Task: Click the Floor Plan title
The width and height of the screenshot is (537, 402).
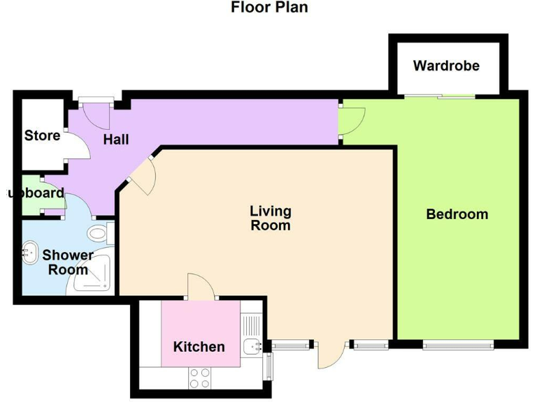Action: pos(269,8)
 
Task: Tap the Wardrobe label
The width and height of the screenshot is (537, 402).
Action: pos(446,66)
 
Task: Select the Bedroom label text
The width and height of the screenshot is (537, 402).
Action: pos(457,214)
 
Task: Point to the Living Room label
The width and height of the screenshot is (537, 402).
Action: pos(271,218)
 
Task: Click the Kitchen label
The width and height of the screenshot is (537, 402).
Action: pos(199,347)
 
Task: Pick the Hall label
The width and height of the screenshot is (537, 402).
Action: pos(116,140)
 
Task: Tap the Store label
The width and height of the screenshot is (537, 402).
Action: pos(42,135)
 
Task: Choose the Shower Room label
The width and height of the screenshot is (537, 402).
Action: pos(68,262)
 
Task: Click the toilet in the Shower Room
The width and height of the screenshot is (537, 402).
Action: pos(100,233)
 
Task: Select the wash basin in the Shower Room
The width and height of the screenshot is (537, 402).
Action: pos(31,252)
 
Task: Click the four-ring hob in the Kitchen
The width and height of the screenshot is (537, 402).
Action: pos(200,378)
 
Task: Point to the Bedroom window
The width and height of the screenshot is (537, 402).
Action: pos(458,344)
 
